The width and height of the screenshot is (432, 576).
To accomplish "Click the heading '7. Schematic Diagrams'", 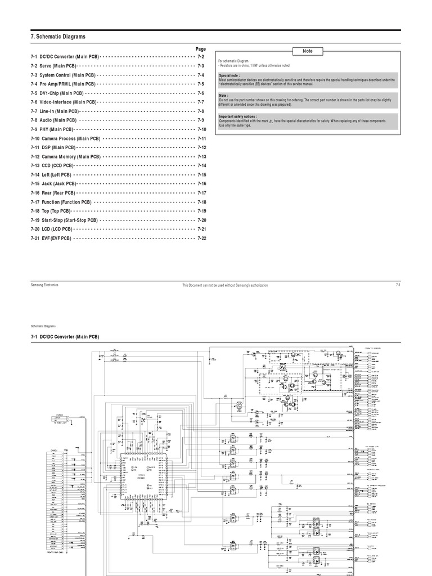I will click(58, 37).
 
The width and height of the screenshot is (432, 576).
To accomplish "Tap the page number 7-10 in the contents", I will click(202, 129).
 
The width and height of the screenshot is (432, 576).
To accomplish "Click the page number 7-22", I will click(202, 238).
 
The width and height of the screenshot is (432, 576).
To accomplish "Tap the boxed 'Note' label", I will click(308, 51).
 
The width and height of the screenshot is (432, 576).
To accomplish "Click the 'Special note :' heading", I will click(229, 75).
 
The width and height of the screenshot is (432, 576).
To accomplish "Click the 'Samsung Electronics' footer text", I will click(44, 285).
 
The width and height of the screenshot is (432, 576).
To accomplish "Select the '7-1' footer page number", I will click(398, 285).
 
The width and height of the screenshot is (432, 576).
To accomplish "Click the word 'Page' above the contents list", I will click(201, 49).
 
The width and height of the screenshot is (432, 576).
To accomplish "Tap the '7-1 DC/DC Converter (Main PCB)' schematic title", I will click(65, 336).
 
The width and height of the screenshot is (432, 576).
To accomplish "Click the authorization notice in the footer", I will click(225, 286).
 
